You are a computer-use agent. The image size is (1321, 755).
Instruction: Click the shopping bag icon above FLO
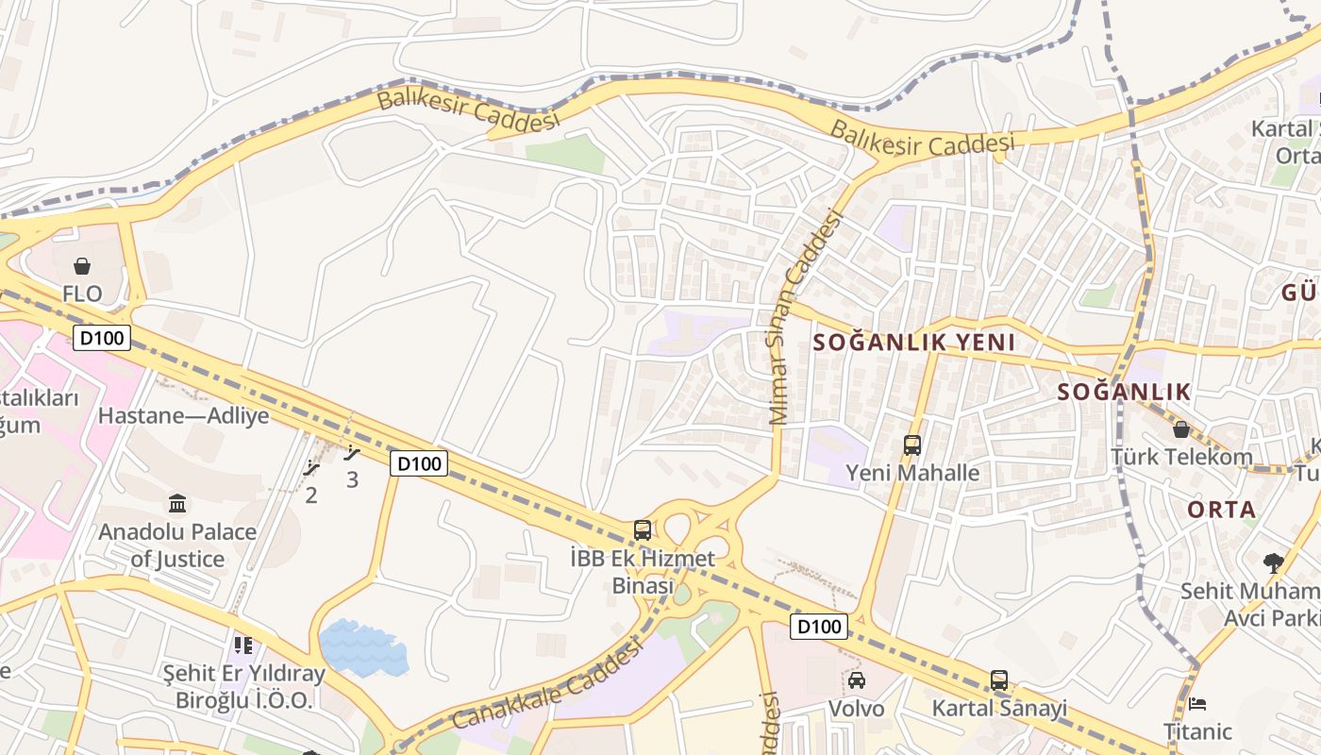(82, 266)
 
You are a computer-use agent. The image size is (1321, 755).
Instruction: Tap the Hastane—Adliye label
(183, 415)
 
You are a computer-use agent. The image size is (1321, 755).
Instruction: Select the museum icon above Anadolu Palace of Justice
(176, 503)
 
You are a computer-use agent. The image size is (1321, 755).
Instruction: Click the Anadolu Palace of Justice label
(177, 545)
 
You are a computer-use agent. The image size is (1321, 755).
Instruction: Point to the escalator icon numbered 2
(311, 468)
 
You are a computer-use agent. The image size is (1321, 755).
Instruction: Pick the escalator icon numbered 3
(352, 453)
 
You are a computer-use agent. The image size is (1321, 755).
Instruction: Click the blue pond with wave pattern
(363, 648)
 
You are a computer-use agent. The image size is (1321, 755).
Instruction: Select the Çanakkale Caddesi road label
(547, 684)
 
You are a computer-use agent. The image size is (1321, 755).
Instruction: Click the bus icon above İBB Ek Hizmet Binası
(643, 529)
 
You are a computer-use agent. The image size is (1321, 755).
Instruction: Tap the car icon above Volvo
(857, 679)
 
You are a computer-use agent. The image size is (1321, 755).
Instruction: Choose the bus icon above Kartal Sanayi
(999, 679)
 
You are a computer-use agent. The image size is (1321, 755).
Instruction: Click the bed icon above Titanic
(1197, 704)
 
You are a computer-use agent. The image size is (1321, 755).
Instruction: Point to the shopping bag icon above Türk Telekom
(1180, 429)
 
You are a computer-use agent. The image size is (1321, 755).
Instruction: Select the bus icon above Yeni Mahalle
(912, 445)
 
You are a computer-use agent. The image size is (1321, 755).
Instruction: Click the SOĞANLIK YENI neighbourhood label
(913, 343)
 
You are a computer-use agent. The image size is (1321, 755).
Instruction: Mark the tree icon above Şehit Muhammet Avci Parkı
(1274, 563)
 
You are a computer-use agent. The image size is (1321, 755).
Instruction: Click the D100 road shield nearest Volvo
(818, 627)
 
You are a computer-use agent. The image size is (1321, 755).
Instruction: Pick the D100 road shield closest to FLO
(101, 338)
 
